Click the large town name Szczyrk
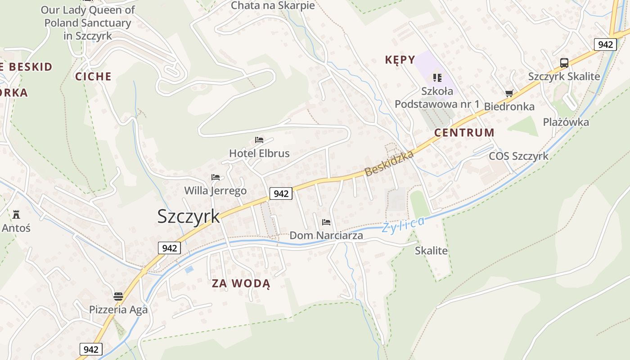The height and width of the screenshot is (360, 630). (x=189, y=216)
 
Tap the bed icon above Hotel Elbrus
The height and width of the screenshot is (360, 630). (x=259, y=140)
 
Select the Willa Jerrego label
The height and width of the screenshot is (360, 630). (x=216, y=191)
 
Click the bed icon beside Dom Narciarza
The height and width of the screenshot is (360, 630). (x=326, y=222)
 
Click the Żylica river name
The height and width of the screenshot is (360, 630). (x=403, y=224)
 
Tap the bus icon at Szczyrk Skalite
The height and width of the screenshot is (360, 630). (x=564, y=63)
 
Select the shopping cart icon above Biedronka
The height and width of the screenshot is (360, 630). (x=509, y=94)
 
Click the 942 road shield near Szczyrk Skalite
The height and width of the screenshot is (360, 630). (x=605, y=45)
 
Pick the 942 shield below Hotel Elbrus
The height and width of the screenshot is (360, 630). (x=281, y=194)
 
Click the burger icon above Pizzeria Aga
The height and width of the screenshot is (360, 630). (x=118, y=297)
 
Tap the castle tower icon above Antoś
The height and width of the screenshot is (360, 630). (x=16, y=214)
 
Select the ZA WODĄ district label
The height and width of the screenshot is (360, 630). (x=241, y=283)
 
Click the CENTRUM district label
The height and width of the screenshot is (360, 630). (x=464, y=133)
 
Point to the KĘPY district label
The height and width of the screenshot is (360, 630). (x=400, y=60)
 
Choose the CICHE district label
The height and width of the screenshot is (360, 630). (x=93, y=76)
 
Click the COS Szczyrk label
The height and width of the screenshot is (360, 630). (x=518, y=156)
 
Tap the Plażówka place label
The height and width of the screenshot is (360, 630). (x=566, y=122)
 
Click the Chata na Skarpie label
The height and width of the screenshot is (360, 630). (x=273, y=6)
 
